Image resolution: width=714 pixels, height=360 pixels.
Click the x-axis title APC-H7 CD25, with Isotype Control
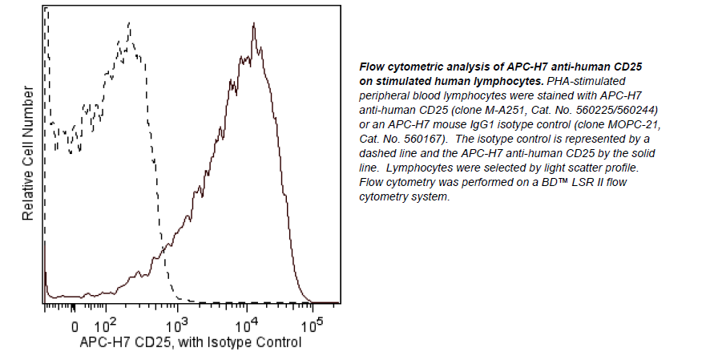point(191,342)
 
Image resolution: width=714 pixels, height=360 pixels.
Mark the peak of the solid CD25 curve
point(253,25)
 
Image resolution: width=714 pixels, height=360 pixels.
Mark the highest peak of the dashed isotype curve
point(128,24)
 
